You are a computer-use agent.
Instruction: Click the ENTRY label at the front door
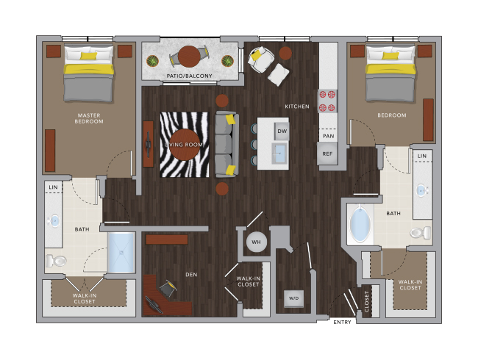[x=342, y=323]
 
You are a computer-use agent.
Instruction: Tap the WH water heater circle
[x=257, y=242]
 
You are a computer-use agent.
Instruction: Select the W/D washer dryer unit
[x=293, y=298]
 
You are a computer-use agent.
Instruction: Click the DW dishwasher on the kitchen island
[x=282, y=132]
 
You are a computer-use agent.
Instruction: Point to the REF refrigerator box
[x=327, y=154]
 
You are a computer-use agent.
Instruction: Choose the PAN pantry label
[x=328, y=136]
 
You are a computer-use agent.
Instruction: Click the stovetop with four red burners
[x=327, y=101]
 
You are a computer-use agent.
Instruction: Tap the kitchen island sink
[x=279, y=154]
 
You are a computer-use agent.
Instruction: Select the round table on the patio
[x=189, y=57]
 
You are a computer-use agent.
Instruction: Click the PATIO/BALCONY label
[x=189, y=76]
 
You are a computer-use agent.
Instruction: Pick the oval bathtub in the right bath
[x=360, y=224]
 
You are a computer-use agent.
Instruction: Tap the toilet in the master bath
[x=56, y=261]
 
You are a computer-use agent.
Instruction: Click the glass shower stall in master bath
[x=121, y=253]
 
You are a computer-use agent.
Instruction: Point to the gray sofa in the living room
[x=226, y=144]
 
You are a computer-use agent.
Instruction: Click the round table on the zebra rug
[x=185, y=145]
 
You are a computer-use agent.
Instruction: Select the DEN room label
[x=191, y=275]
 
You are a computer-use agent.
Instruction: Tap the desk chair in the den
[x=168, y=287]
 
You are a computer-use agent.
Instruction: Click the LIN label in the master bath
[x=53, y=187]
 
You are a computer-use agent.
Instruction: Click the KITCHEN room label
[x=297, y=107]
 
